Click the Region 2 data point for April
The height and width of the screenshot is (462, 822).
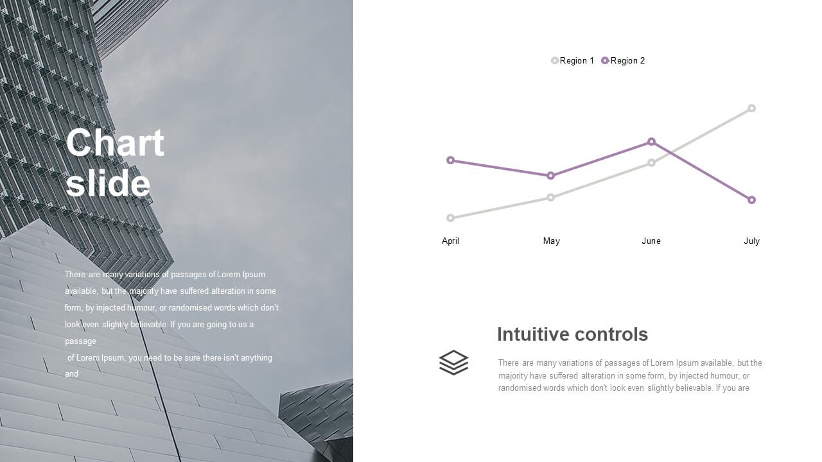click(x=451, y=160)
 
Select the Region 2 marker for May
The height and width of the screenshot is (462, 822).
click(x=550, y=176)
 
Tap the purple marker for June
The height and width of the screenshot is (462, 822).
click(x=651, y=142)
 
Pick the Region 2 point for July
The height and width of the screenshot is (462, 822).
click(x=751, y=200)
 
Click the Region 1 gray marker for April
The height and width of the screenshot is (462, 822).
click(x=451, y=218)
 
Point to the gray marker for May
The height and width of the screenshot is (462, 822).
click(x=550, y=198)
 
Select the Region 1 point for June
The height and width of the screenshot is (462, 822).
click(x=651, y=163)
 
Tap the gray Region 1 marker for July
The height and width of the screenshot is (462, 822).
click(x=751, y=108)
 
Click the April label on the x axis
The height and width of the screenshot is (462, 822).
click(x=450, y=241)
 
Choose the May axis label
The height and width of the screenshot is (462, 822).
click(x=551, y=241)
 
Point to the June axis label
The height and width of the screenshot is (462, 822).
click(x=651, y=241)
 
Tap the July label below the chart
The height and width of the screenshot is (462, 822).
click(x=751, y=241)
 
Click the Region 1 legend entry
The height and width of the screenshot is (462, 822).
click(x=572, y=60)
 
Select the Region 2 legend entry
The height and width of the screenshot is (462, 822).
click(x=623, y=60)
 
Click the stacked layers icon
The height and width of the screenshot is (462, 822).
click(x=453, y=363)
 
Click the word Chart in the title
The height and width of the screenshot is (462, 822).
click(x=115, y=142)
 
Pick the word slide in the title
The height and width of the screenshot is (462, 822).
click(x=108, y=183)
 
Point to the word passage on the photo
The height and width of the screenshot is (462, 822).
click(x=80, y=341)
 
